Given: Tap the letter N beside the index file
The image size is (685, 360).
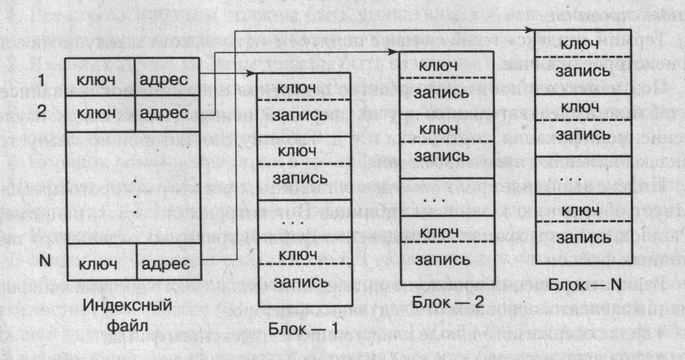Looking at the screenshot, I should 45,262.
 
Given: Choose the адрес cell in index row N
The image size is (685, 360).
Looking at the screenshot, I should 166,265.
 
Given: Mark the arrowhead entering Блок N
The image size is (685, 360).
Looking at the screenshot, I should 530,29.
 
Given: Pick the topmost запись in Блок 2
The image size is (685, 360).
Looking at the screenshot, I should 442,92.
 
